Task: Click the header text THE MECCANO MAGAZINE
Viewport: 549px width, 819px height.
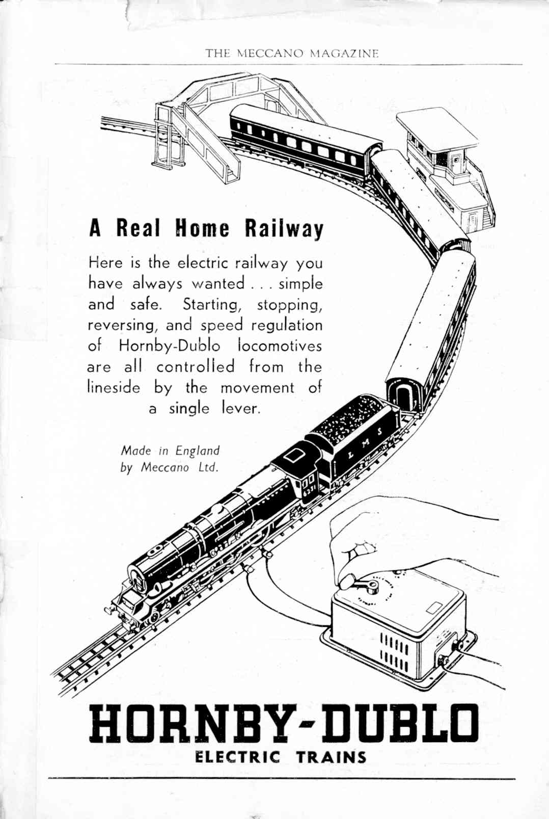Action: tap(292, 54)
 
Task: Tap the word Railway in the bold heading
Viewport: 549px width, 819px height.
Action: tap(284, 229)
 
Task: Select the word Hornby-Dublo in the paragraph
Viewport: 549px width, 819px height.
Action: tap(170, 346)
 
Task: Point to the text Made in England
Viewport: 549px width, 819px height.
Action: tap(170, 451)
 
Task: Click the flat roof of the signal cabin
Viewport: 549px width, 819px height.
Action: tap(437, 130)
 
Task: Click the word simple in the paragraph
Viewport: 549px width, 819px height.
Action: tap(301, 284)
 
